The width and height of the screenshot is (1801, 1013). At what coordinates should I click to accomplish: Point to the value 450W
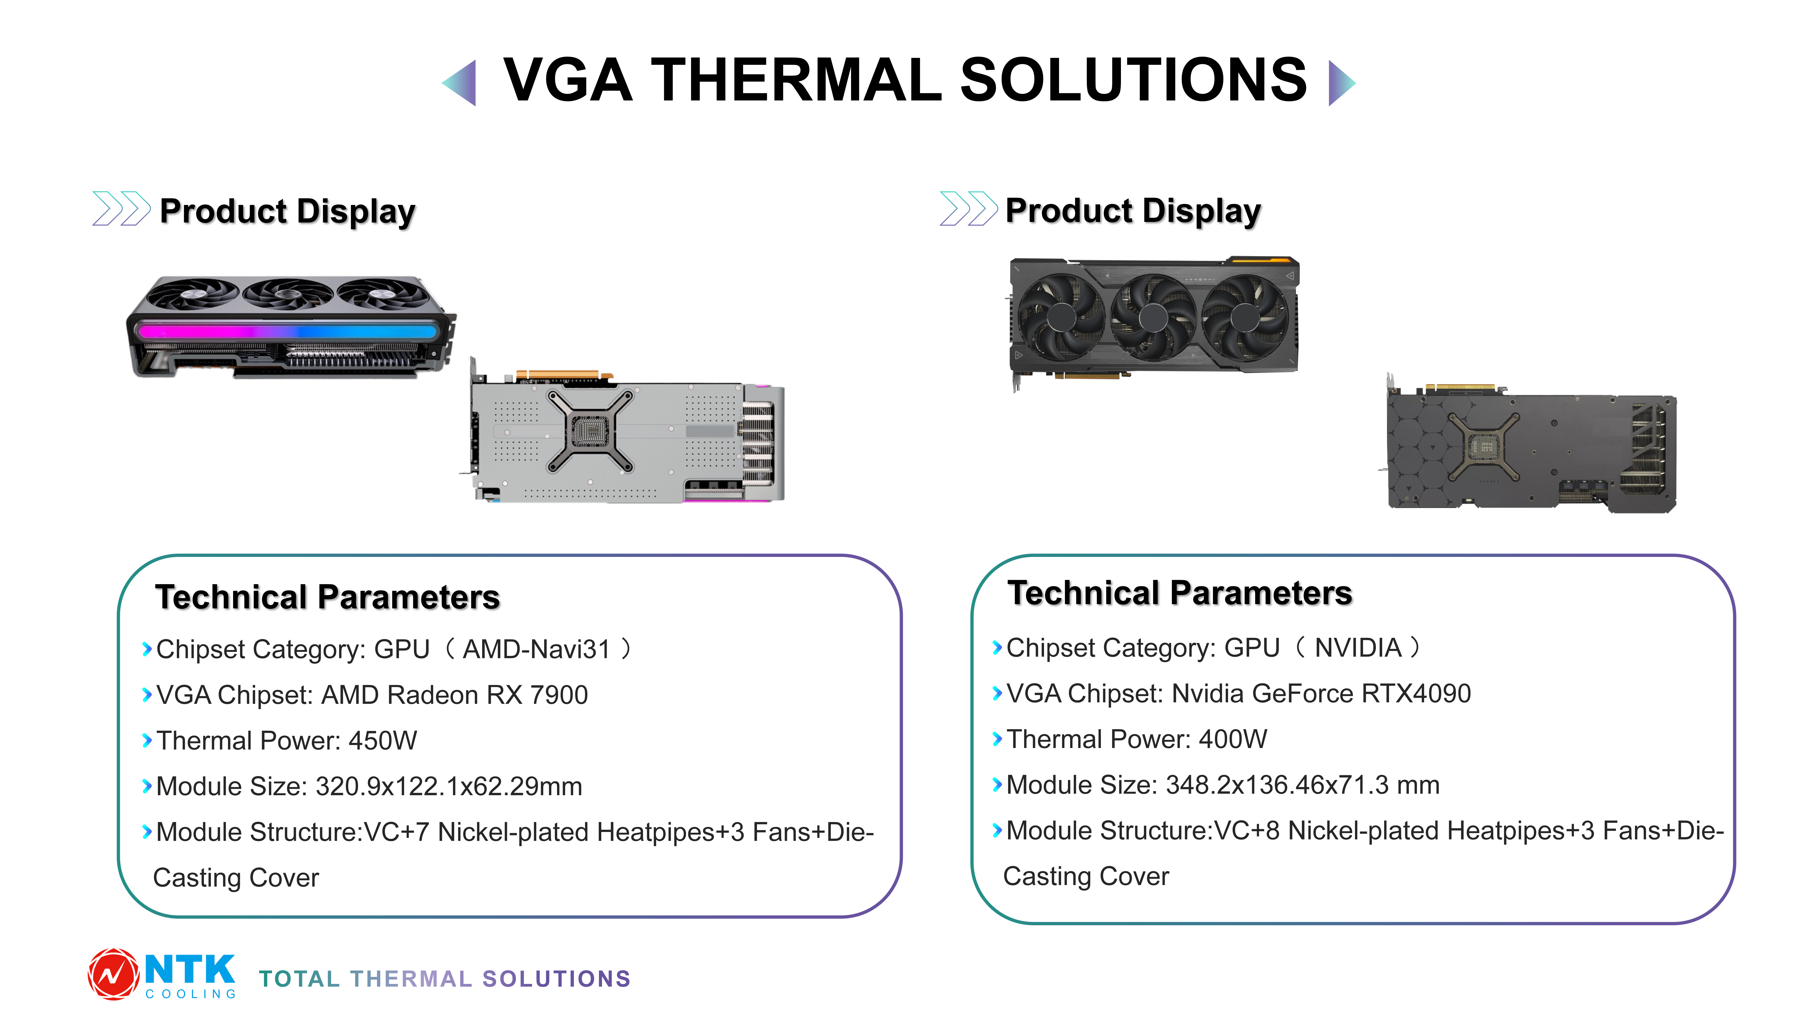pos(382,740)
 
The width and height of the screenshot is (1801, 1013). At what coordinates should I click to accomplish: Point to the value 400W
pos(1233,739)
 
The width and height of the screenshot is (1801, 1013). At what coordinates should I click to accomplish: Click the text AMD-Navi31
pos(536,650)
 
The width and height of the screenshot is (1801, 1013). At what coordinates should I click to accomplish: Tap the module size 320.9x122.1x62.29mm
pos(449,786)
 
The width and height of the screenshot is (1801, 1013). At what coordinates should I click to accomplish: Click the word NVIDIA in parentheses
pos(1358,648)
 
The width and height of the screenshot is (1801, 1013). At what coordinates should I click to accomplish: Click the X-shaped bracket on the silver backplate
pos(591,431)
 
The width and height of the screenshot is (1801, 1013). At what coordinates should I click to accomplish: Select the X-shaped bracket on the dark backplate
pos(1482,446)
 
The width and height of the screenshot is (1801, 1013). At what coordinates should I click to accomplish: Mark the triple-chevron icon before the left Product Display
pos(121,208)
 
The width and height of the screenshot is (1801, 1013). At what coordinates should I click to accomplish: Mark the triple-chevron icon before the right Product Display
pos(968,208)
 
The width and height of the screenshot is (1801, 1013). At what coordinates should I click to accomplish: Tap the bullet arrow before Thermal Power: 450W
pos(147,740)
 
